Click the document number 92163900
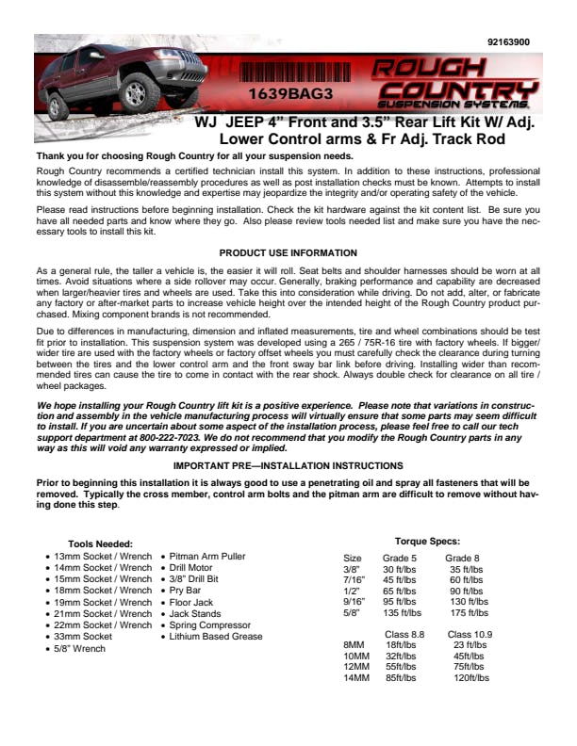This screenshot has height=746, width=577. [509, 42]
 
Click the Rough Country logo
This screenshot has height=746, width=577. [456, 81]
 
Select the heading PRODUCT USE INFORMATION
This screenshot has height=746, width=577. [288, 252]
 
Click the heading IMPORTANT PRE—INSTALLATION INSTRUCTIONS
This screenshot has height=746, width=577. [288, 465]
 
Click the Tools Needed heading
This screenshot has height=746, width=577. [101, 543]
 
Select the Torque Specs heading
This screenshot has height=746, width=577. [427, 541]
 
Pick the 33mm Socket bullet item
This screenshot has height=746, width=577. [83, 637]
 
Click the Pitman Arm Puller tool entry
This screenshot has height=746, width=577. [207, 557]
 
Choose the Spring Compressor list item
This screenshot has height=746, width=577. [210, 624]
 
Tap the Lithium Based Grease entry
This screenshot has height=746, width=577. [216, 637]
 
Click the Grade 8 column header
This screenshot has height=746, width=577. [462, 559]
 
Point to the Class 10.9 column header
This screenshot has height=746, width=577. [470, 634]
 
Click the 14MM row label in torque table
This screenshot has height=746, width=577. [355, 677]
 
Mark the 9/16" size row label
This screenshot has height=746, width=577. [353, 601]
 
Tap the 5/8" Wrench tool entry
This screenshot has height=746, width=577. [80, 648]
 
